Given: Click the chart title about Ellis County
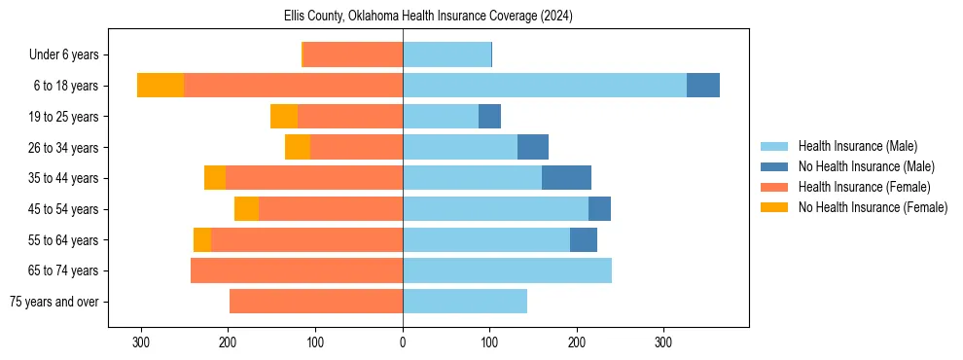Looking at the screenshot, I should [428, 17].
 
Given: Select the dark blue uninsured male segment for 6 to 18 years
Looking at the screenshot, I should [703, 86].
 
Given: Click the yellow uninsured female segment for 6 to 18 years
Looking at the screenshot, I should [160, 86].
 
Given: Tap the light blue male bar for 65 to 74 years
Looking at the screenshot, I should [507, 270].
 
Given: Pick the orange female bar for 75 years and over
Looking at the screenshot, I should [316, 302].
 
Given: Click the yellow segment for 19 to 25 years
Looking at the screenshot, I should [284, 117].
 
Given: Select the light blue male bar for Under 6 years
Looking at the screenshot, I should [446, 54].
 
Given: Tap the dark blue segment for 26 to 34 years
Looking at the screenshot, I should [533, 148].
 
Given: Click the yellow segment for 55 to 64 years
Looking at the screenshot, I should [202, 240].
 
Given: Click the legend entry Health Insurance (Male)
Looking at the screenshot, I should [857, 146].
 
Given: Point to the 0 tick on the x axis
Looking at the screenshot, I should [403, 342].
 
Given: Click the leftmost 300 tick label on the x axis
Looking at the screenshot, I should [141, 342].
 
